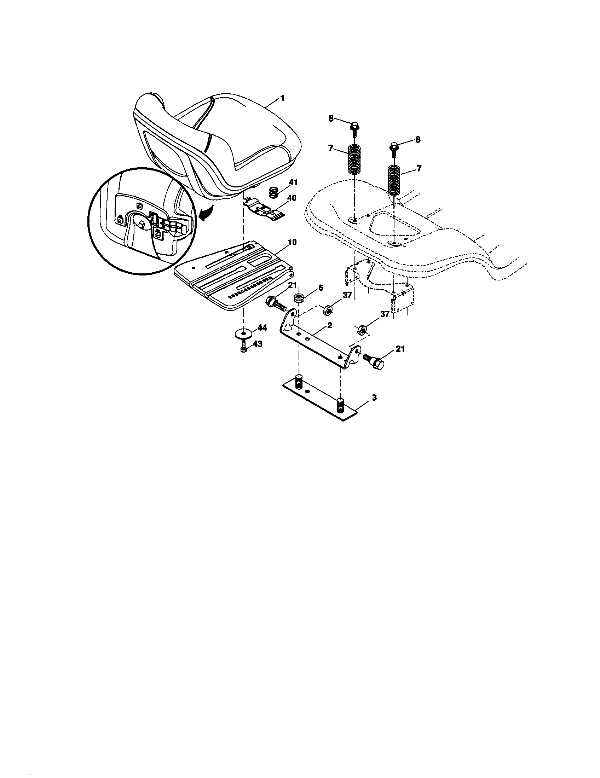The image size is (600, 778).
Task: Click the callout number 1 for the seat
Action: (282, 98)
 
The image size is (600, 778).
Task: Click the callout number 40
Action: (292, 198)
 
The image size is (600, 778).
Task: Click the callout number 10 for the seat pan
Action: (292, 243)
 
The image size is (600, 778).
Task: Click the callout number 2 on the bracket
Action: (330, 325)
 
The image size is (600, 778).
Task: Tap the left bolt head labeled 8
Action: (354, 126)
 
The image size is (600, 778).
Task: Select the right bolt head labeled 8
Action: (394, 146)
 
